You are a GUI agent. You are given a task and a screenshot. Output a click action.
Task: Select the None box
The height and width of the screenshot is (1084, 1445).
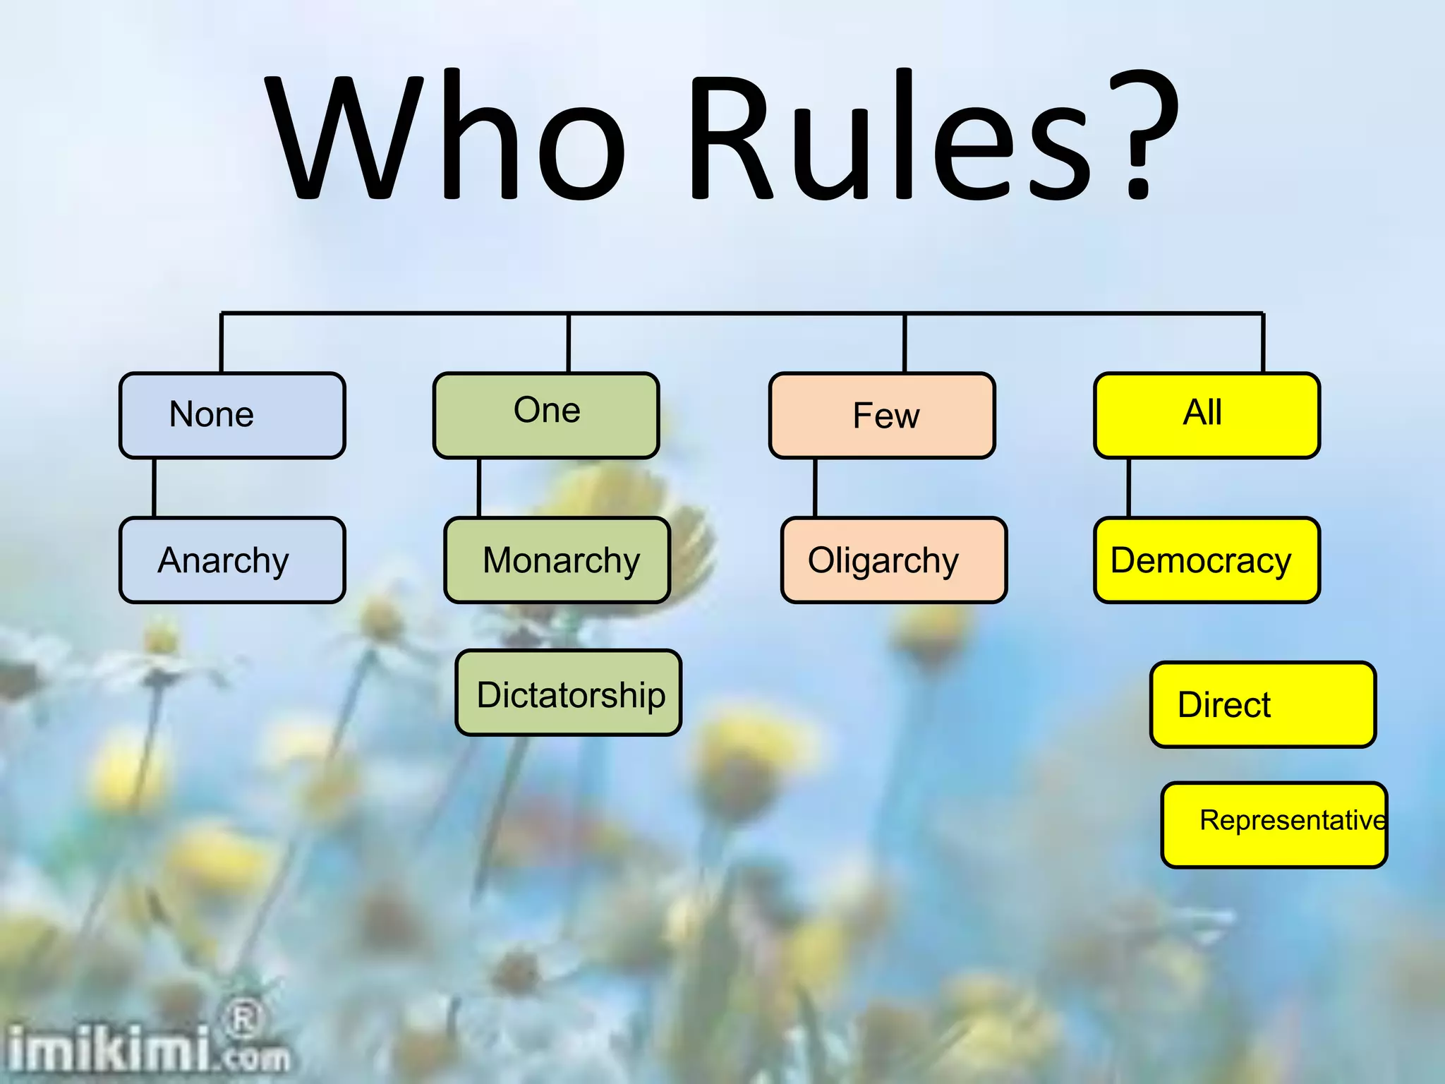pos(232,416)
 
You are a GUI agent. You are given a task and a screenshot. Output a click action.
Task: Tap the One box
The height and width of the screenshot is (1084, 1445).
pos(546,416)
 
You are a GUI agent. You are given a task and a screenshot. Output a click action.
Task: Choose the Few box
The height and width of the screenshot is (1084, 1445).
pos(882,416)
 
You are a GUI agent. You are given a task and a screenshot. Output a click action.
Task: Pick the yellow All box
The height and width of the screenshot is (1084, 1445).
pos(1207,416)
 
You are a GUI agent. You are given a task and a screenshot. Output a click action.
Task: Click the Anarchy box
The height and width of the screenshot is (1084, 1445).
pos(232,560)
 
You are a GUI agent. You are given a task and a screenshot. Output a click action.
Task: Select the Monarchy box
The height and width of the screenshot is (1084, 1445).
pos(557,560)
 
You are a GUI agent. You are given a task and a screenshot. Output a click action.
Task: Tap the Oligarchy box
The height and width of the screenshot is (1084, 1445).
pos(893,560)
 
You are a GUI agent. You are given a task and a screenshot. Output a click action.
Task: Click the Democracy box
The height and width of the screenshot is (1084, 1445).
pos(1207,560)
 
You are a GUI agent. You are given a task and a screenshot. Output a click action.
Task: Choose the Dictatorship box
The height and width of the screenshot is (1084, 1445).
pos(569,693)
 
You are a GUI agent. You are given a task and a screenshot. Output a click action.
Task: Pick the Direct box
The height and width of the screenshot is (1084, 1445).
pos(1263,704)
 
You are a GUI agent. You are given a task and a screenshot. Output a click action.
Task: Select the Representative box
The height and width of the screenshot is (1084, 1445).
pos(1274,824)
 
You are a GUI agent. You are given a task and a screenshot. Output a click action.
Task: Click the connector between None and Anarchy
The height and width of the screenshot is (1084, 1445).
pos(154,488)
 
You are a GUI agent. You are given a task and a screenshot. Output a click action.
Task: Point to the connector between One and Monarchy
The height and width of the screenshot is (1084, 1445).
pos(478,488)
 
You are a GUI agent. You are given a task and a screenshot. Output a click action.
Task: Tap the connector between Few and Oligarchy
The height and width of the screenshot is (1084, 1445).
pos(815,488)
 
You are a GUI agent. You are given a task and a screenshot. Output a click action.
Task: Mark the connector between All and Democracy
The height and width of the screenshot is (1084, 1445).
pos(1128,488)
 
